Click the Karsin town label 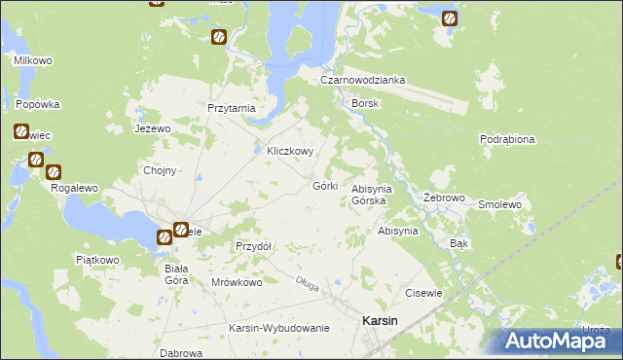point(379,320)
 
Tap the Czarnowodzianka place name point(364,81)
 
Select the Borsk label point(365,102)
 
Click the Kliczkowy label point(290,152)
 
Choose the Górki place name point(325,186)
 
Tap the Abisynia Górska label point(370,195)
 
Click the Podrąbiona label point(507,139)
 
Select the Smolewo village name point(500,205)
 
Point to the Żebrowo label point(441,198)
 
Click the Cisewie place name point(423,292)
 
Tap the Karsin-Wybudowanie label point(279,328)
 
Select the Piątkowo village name point(97,260)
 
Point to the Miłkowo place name point(33,60)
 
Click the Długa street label point(308,283)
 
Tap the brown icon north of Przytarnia point(219,38)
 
